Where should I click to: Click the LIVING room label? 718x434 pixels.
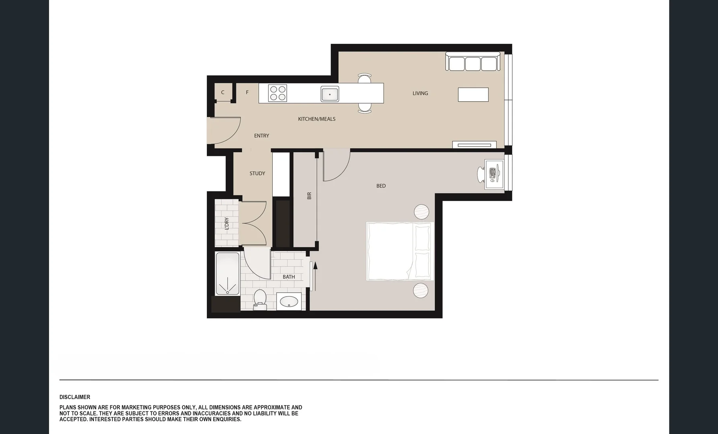pyautogui.click(x=420, y=93)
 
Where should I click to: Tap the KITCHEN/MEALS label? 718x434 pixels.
pyautogui.click(x=317, y=119)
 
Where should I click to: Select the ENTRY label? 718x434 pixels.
pyautogui.click(x=261, y=136)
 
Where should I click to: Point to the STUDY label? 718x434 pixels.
pyautogui.click(x=257, y=174)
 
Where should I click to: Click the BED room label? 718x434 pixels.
pyautogui.click(x=381, y=186)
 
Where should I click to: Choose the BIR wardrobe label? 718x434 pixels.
pyautogui.click(x=309, y=196)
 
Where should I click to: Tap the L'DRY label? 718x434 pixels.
pyautogui.click(x=226, y=223)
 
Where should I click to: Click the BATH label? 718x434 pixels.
pyautogui.click(x=288, y=277)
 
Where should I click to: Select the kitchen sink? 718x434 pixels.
pyautogui.click(x=330, y=94)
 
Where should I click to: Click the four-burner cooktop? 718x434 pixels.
pyautogui.click(x=278, y=93)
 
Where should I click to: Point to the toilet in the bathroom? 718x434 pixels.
pyautogui.click(x=260, y=300)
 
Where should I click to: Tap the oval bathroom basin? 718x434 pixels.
pyautogui.click(x=289, y=301)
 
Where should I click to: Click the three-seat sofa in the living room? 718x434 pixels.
pyautogui.click(x=473, y=62)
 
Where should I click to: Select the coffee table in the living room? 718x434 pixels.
pyautogui.click(x=473, y=95)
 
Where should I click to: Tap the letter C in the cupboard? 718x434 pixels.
pyautogui.click(x=222, y=92)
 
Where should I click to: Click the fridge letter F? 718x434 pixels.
pyautogui.click(x=247, y=92)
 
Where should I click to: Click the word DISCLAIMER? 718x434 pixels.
pyautogui.click(x=75, y=397)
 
